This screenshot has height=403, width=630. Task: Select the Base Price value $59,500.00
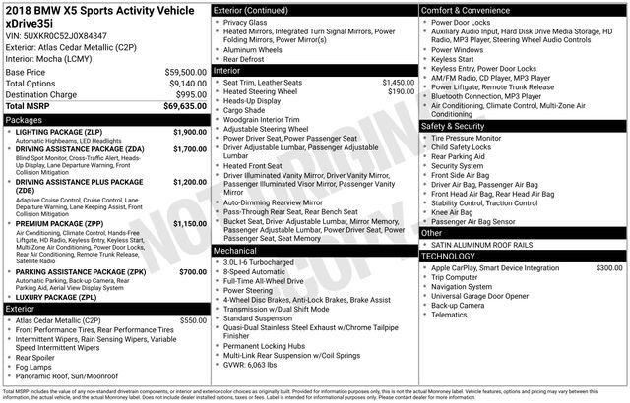(186, 73)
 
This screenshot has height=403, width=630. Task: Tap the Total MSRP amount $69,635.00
(183, 105)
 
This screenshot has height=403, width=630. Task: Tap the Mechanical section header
(237, 250)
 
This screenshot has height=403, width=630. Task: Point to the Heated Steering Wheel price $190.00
(401, 91)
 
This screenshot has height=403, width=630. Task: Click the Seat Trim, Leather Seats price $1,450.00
(398, 82)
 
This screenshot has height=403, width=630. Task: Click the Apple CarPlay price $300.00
(608, 267)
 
